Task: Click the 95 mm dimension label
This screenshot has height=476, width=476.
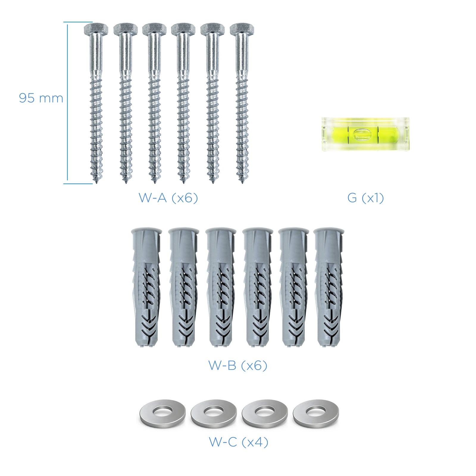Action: pyautogui.click(x=41, y=98)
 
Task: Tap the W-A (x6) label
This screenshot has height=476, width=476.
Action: pyautogui.click(x=168, y=198)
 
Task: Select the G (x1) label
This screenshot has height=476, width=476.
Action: pyautogui.click(x=366, y=198)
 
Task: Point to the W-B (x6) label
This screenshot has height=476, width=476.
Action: pyautogui.click(x=238, y=365)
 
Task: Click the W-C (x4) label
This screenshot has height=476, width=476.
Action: pyautogui.click(x=239, y=442)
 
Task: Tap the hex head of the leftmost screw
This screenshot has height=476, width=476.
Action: pyautogui.click(x=96, y=29)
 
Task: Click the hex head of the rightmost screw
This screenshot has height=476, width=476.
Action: pyautogui.click(x=242, y=29)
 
